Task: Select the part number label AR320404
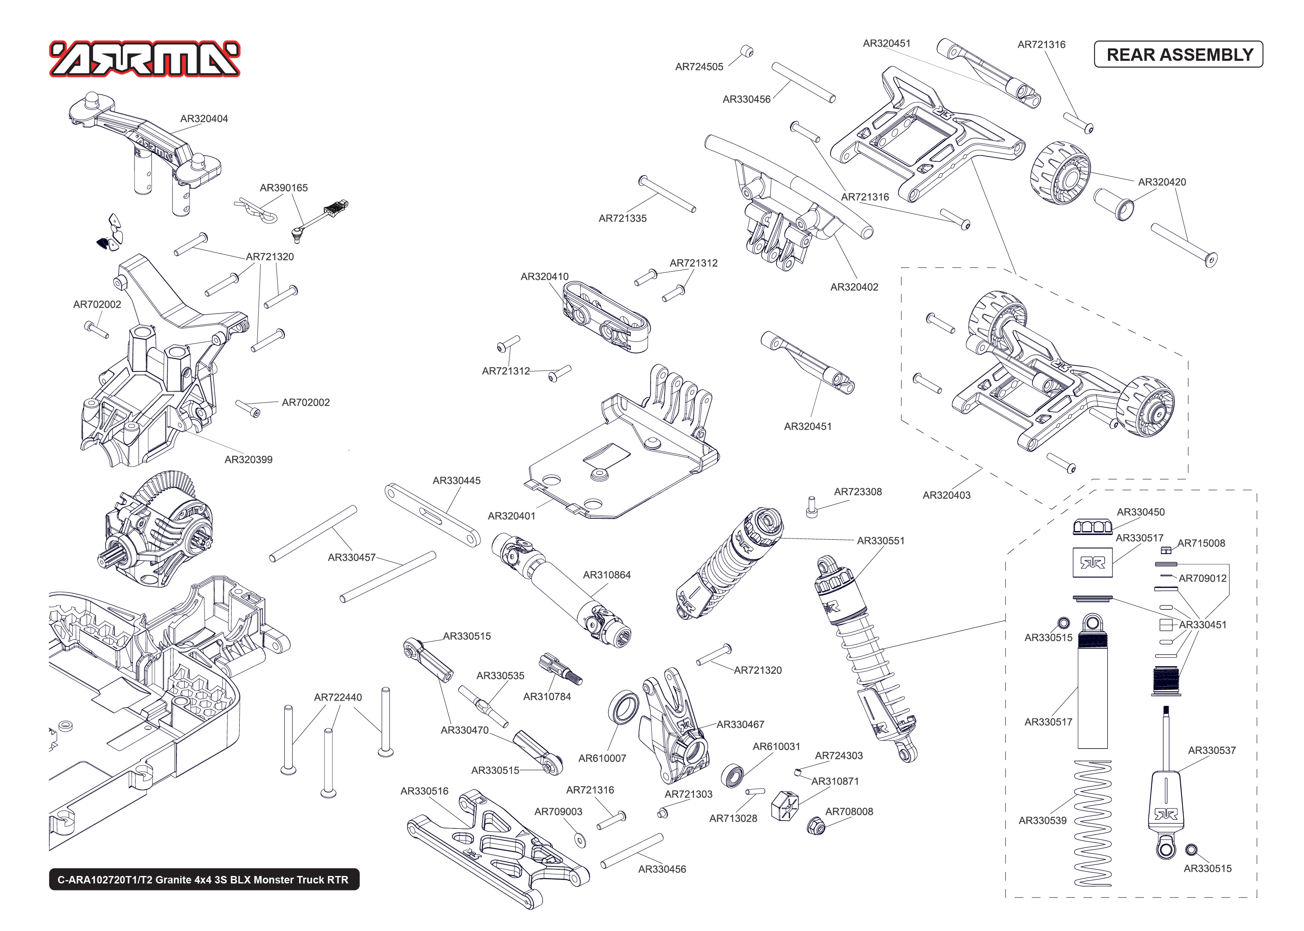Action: coord(204,119)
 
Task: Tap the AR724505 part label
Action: coord(699,67)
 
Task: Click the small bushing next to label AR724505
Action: coord(747,51)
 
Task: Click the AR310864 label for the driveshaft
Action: coord(606,574)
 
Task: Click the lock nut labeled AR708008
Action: coord(815,826)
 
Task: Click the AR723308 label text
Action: coord(857,491)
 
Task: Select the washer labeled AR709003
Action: coord(580,840)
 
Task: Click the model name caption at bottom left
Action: coord(204,879)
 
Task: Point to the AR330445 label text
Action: coord(456,481)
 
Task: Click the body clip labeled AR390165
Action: coord(256,209)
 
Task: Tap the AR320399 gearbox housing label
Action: coord(248,459)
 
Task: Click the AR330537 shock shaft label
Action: coord(1211,750)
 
